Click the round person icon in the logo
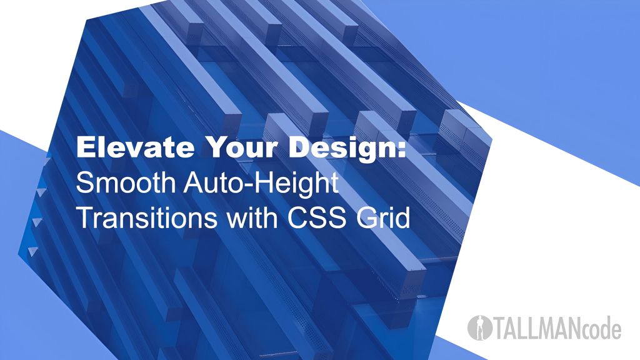480,327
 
